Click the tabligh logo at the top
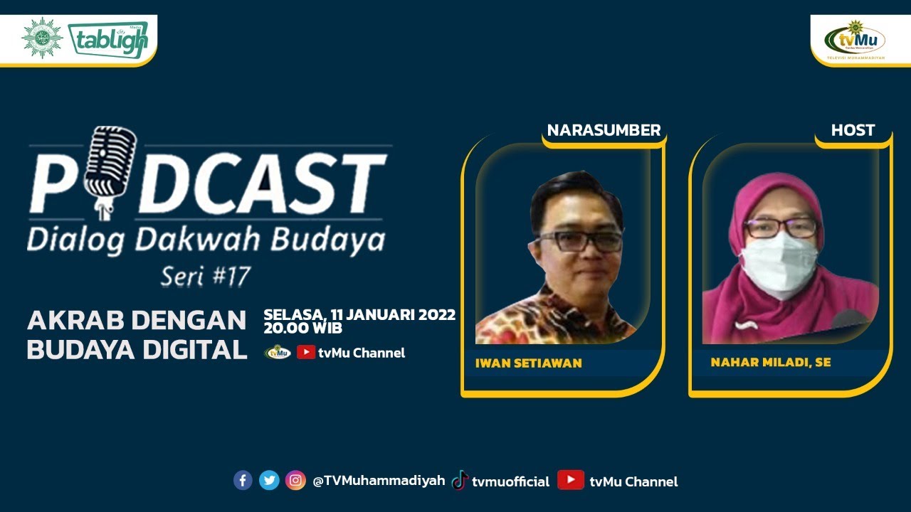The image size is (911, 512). (108, 39)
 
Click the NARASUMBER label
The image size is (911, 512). (604, 130)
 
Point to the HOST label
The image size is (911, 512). (853, 130)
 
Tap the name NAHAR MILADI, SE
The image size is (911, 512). (770, 363)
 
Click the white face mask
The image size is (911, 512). (779, 264)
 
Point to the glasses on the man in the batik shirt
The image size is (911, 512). (581, 241)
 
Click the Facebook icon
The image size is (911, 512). (243, 480)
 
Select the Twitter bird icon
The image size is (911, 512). (269, 480)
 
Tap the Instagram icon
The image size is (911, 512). (295, 480)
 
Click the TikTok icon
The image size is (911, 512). (460, 480)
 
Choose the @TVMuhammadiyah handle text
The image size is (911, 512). (379, 481)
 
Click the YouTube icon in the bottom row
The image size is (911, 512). (571, 480)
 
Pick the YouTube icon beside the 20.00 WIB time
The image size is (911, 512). (306, 351)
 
